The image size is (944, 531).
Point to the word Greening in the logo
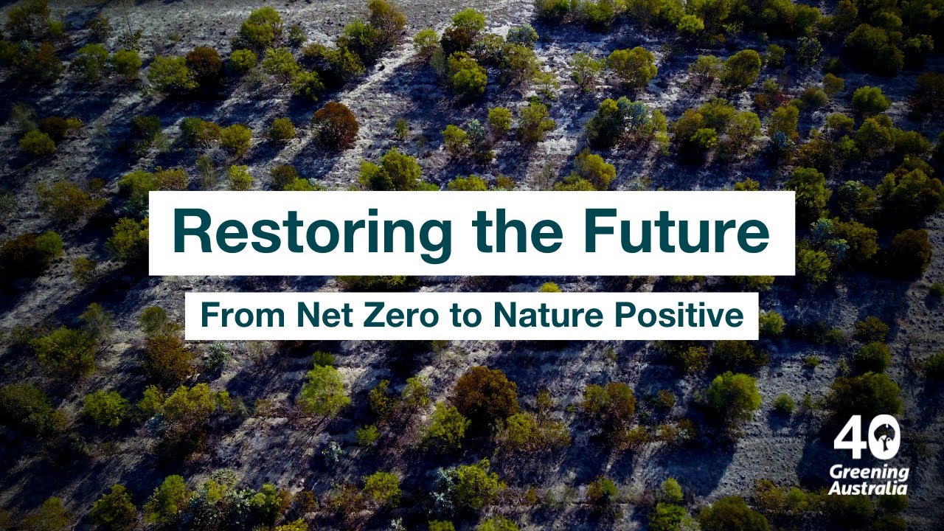pyautogui.click(x=870, y=473)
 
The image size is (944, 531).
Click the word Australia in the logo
pyautogui.click(x=868, y=488)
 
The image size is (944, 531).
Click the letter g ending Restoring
pyautogui.click(x=431, y=237)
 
